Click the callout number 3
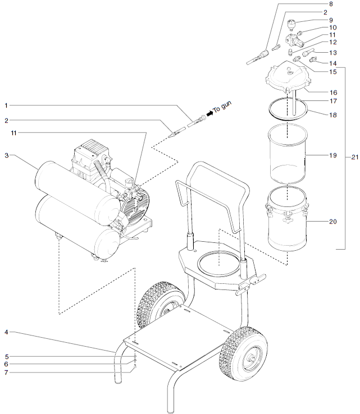6,155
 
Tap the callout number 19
332,154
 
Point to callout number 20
332,222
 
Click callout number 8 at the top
330,4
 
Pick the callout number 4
6,333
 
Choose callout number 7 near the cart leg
6,371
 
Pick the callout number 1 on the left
6,105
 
